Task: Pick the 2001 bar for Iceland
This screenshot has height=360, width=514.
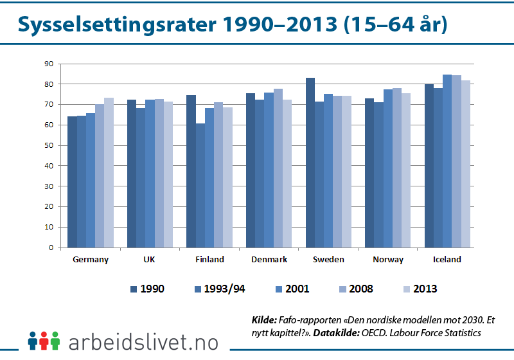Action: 447,161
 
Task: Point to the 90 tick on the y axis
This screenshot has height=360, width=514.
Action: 48,64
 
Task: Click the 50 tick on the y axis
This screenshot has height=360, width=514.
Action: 48,145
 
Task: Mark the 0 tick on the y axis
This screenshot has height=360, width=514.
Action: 49,248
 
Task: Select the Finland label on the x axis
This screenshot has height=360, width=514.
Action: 209,260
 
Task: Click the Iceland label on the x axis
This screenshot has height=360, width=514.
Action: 447,260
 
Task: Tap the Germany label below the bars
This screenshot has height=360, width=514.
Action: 91,260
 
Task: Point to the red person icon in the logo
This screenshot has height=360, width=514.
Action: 44,339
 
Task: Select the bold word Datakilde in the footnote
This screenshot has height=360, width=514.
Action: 335,332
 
